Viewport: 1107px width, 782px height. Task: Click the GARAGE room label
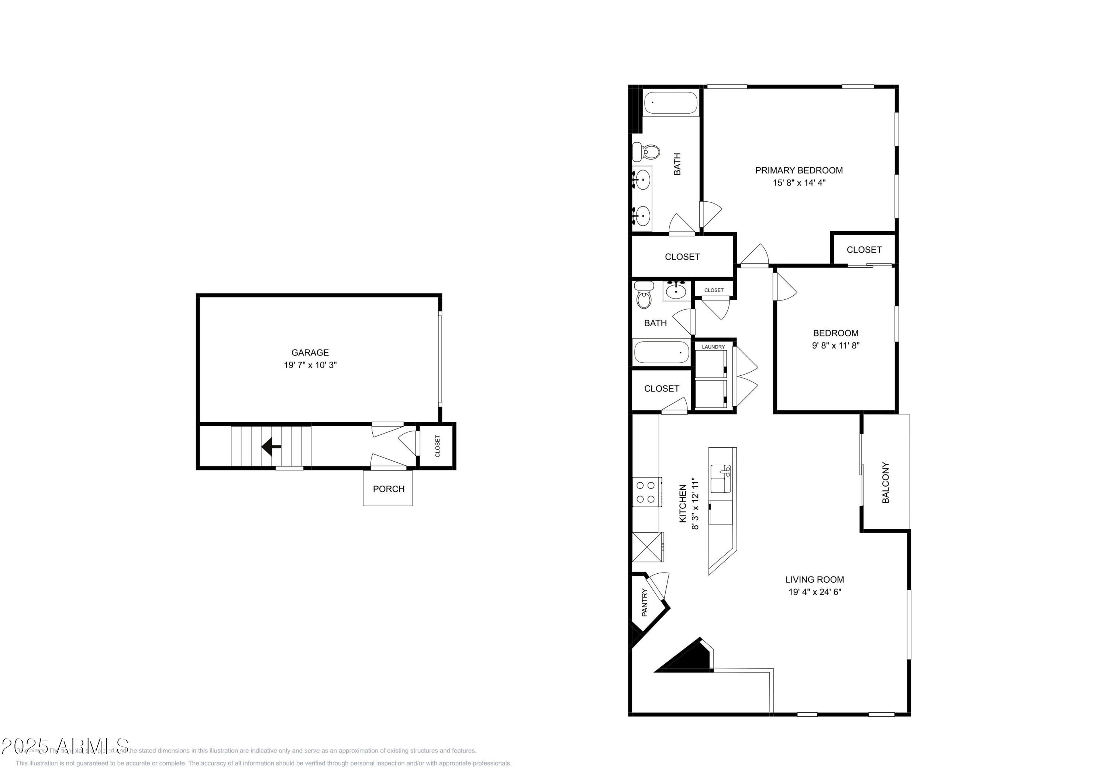click(310, 353)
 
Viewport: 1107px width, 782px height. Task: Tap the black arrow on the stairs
click(271, 446)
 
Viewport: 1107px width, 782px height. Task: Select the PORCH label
click(388, 489)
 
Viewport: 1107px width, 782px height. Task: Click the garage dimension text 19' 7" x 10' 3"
click(310, 365)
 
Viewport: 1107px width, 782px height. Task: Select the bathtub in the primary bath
click(670, 102)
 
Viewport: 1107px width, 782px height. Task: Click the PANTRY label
click(645, 602)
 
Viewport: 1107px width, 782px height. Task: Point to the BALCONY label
click(885, 483)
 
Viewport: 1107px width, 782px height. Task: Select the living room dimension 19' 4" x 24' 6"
click(814, 592)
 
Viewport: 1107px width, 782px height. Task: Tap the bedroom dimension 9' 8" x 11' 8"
click(835, 345)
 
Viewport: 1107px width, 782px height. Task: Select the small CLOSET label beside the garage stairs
click(437, 446)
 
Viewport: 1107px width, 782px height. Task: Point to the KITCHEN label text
click(682, 504)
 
